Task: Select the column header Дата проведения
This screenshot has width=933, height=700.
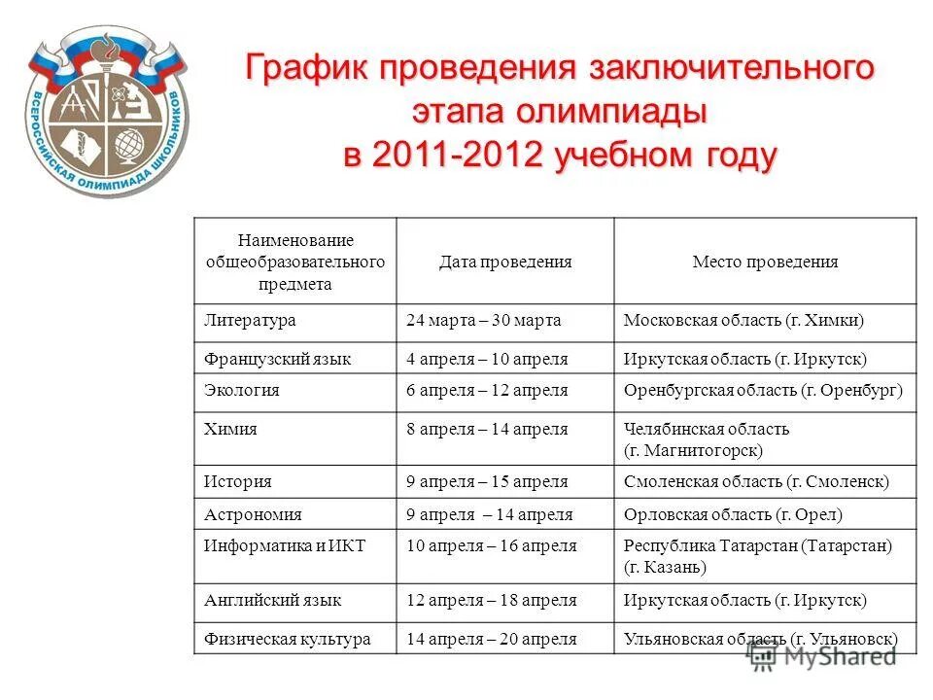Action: [504, 262]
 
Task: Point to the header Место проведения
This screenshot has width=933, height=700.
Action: [765, 262]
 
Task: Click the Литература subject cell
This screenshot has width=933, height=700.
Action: [250, 320]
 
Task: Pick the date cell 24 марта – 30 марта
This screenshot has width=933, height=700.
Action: [484, 320]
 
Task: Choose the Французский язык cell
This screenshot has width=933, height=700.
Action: [278, 359]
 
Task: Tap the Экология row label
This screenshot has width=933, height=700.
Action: [242, 390]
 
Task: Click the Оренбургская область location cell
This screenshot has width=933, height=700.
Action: [764, 390]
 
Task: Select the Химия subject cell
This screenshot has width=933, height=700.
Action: [231, 429]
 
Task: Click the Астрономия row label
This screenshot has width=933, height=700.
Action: [253, 514]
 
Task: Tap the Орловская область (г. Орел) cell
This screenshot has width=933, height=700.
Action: [733, 514]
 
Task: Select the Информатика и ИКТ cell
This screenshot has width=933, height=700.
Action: [285, 545]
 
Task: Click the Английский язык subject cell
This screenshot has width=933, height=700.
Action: [273, 601]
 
